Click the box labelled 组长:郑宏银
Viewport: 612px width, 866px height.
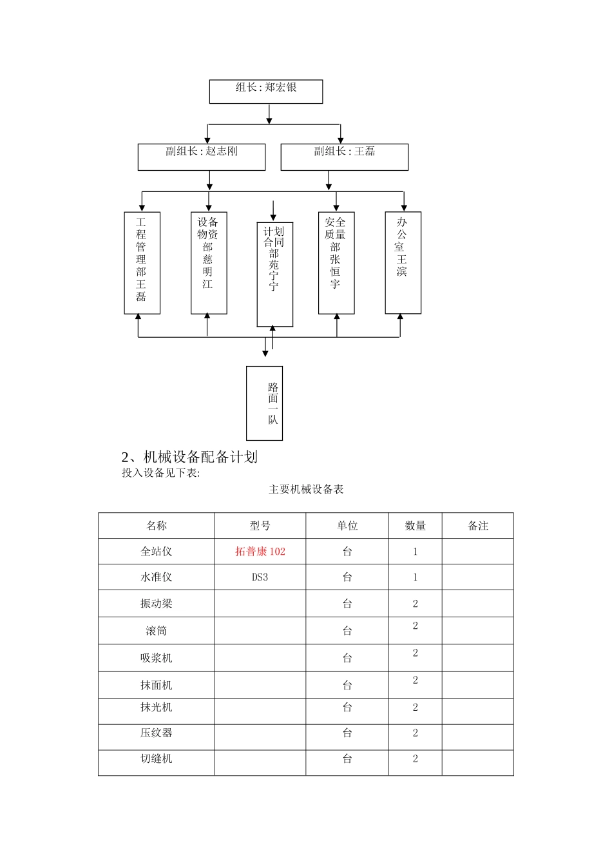point(266,91)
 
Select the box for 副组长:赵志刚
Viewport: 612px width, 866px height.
point(201,157)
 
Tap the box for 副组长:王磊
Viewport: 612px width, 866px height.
point(344,157)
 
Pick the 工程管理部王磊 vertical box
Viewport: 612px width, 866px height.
point(142,263)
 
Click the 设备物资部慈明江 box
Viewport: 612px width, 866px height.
point(209,263)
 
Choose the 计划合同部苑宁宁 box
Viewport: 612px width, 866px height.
point(274,274)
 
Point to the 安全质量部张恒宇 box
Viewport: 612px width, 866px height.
point(336,263)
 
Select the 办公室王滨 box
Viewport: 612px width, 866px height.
point(403,263)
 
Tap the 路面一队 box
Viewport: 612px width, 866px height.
point(264,403)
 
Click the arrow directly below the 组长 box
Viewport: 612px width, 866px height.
point(269,113)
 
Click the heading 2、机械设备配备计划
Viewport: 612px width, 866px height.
point(189,457)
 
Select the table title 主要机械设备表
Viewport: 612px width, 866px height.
point(306,489)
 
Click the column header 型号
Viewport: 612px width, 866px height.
point(260,526)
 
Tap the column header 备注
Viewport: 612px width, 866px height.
point(477,526)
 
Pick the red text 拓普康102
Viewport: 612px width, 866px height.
point(260,552)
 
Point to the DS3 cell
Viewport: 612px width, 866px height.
point(260,577)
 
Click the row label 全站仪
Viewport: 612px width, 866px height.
point(156,552)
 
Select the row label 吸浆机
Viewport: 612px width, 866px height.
point(156,658)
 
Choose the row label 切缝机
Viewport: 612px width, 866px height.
point(156,758)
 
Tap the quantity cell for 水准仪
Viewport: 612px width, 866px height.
point(415,577)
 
